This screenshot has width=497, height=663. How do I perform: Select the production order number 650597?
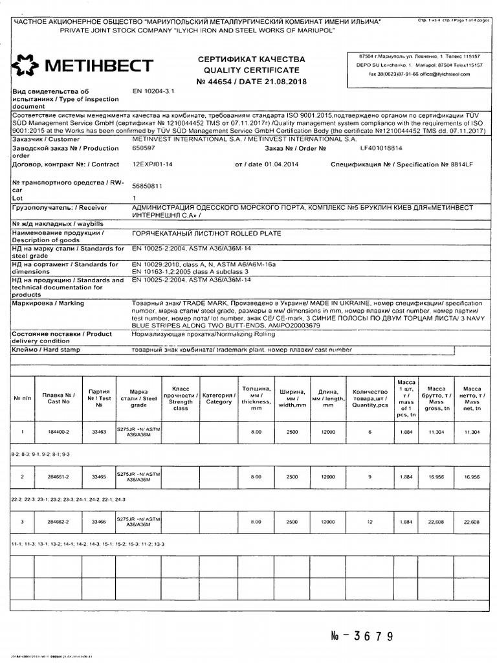(143, 148)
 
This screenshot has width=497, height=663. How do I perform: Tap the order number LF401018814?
(381, 148)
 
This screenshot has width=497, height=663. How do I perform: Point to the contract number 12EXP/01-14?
(153, 164)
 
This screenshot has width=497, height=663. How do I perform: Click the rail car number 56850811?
(147, 185)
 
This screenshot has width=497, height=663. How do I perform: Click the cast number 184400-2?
(59, 431)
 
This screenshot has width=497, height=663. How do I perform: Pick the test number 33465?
(99, 477)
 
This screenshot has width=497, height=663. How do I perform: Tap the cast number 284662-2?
(59, 521)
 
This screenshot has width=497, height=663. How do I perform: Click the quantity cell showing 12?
(370, 521)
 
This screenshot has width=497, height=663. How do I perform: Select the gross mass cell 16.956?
(435, 477)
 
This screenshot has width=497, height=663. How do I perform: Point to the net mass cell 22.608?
(472, 521)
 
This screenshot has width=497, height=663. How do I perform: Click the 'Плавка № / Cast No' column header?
(59, 397)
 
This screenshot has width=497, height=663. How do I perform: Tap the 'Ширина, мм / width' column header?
(291, 397)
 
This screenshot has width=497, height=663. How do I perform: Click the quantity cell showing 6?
(370, 431)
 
